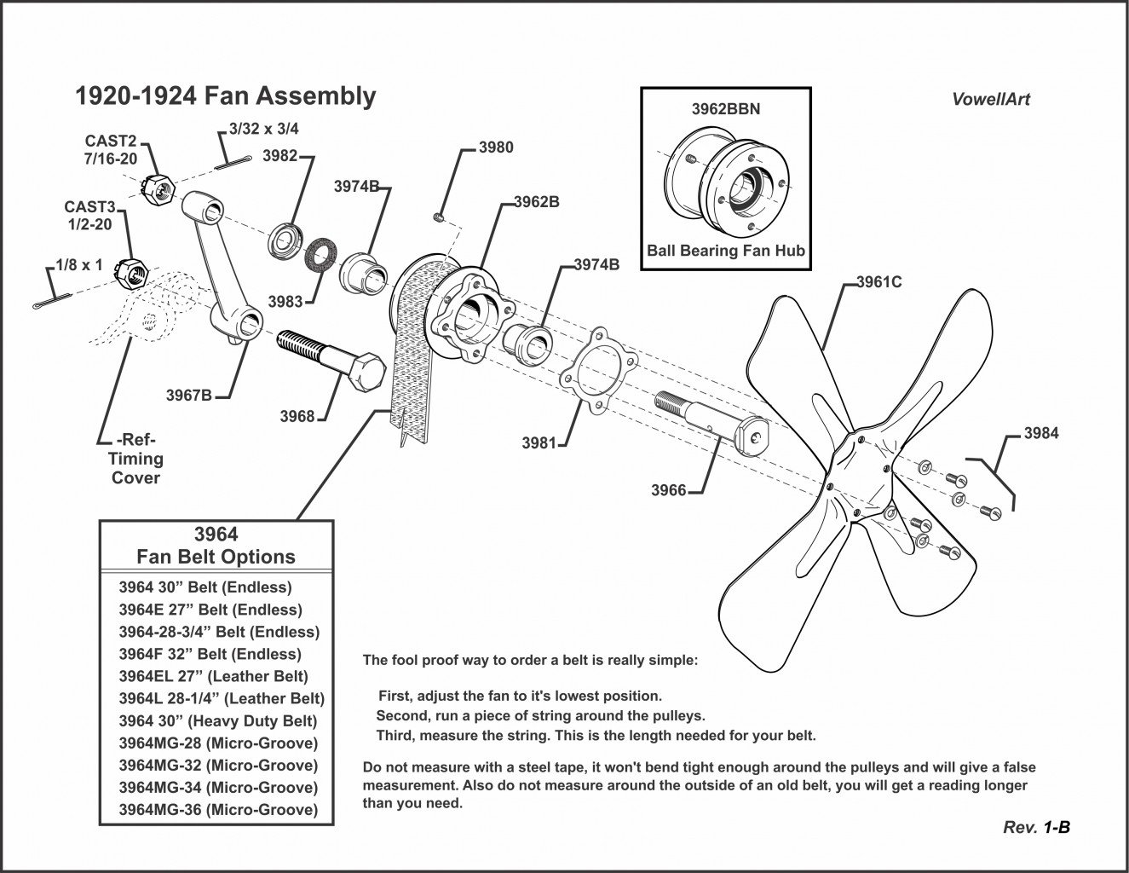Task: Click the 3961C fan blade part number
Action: (878, 282)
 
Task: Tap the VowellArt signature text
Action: (990, 99)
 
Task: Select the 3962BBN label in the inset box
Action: (725, 109)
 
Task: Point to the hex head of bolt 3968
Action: (367, 373)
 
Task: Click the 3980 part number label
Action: (496, 147)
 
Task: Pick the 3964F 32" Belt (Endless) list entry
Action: (210, 654)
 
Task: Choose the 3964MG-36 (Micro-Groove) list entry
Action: (218, 809)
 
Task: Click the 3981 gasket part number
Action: (539, 442)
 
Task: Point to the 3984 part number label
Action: (1040, 433)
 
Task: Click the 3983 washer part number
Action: (285, 301)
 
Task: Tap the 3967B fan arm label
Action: (188, 395)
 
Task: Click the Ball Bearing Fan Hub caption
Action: (725, 251)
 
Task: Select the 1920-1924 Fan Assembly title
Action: (226, 96)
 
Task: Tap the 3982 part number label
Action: (279, 155)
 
